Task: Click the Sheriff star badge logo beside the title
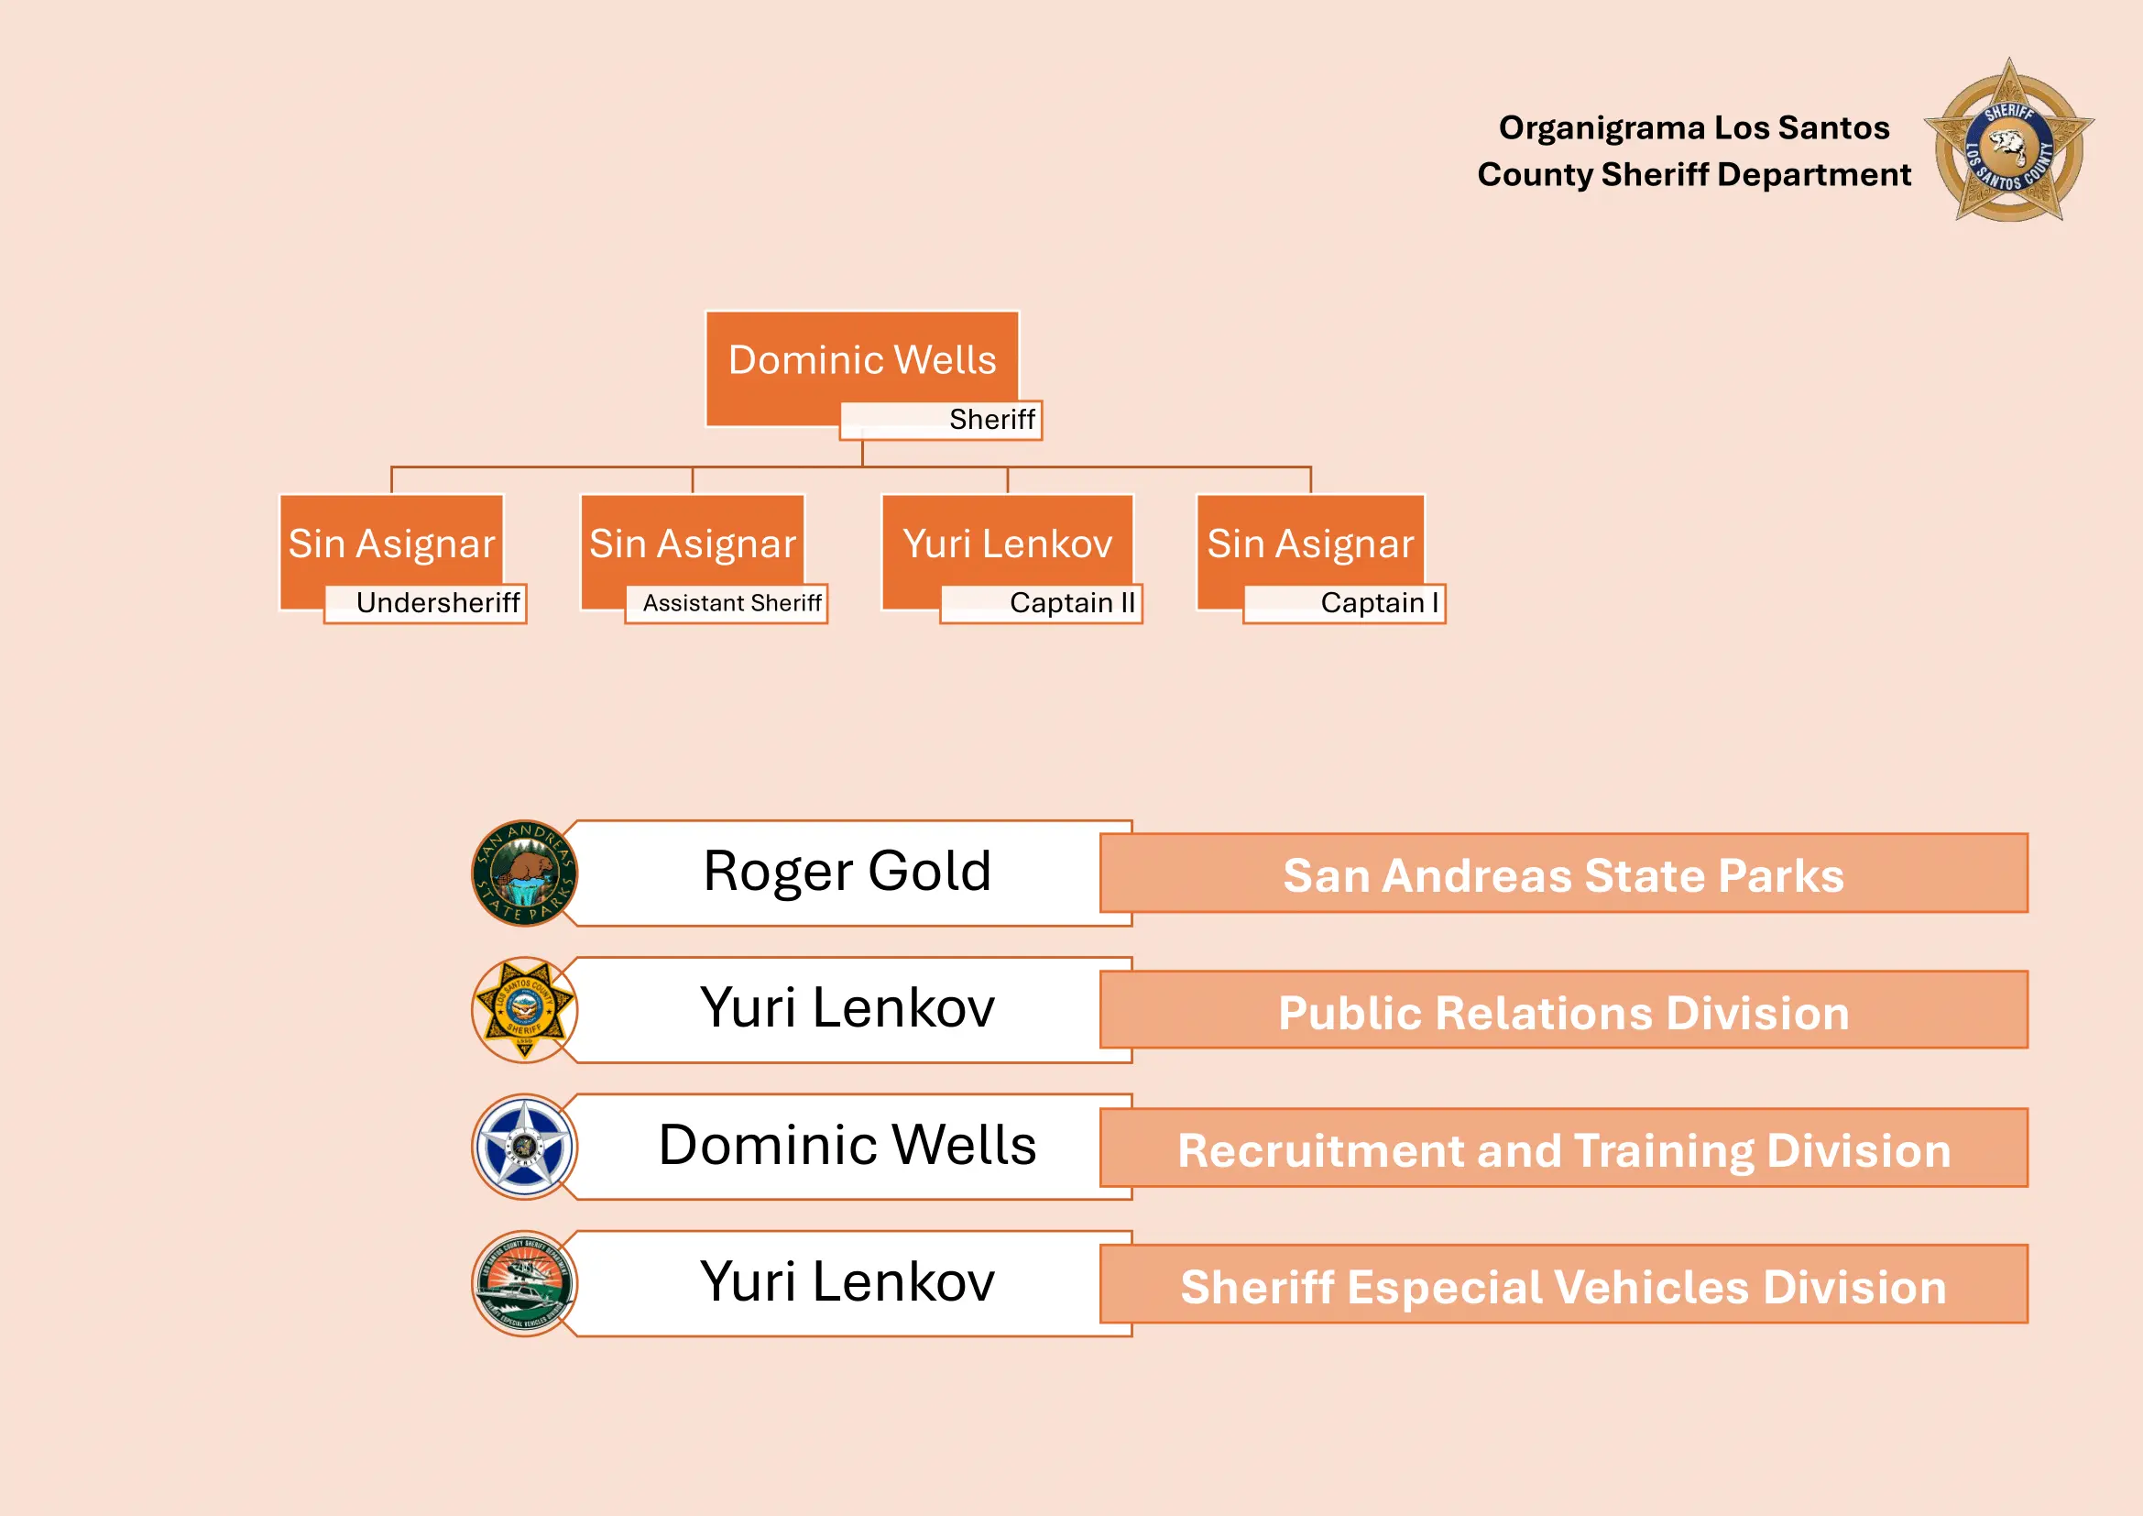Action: tap(2008, 142)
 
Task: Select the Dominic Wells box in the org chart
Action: tap(861, 360)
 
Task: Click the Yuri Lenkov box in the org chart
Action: tap(1007, 544)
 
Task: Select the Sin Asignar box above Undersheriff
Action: tap(391, 544)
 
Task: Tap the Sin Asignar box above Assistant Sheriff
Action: tap(692, 544)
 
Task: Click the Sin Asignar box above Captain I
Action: tap(1309, 544)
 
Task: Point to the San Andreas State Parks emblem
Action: tap(525, 873)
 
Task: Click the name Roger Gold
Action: tap(847, 872)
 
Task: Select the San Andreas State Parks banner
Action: tap(1563, 873)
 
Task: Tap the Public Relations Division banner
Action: tap(1563, 1011)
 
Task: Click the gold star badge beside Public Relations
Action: tap(525, 1010)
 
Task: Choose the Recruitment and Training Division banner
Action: tap(1563, 1148)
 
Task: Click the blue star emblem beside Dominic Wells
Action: tap(525, 1147)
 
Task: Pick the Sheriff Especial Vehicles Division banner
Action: tap(1563, 1285)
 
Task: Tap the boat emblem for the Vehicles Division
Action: tap(525, 1283)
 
